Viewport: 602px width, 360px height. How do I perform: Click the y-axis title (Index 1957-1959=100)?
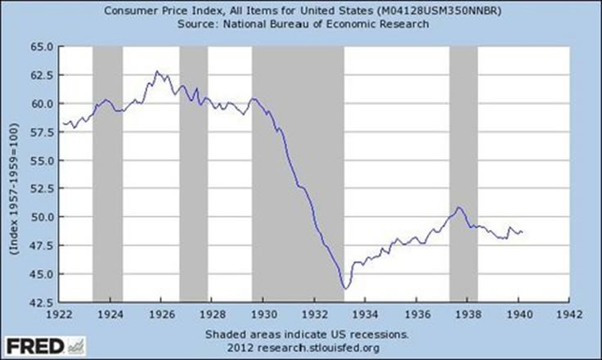tap(16, 175)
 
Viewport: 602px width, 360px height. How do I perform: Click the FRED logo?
tap(38, 345)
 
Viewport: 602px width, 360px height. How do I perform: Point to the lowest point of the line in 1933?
tap(346, 288)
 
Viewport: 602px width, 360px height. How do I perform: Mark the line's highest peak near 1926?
tap(157, 71)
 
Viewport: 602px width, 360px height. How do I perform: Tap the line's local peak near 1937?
tap(458, 207)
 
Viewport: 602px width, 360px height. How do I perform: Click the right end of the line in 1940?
tap(523, 232)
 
